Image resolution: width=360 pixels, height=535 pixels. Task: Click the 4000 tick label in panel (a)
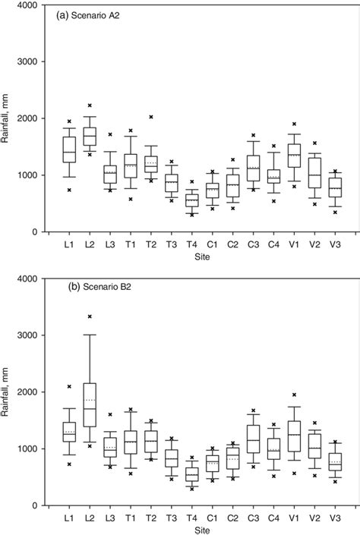(30, 5)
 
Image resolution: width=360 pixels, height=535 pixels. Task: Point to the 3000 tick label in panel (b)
(30, 335)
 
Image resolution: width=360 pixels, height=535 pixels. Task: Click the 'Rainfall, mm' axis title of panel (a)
(9, 119)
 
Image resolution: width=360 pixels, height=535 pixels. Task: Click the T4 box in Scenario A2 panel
(192, 200)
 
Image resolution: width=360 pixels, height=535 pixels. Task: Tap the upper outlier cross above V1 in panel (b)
(294, 395)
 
